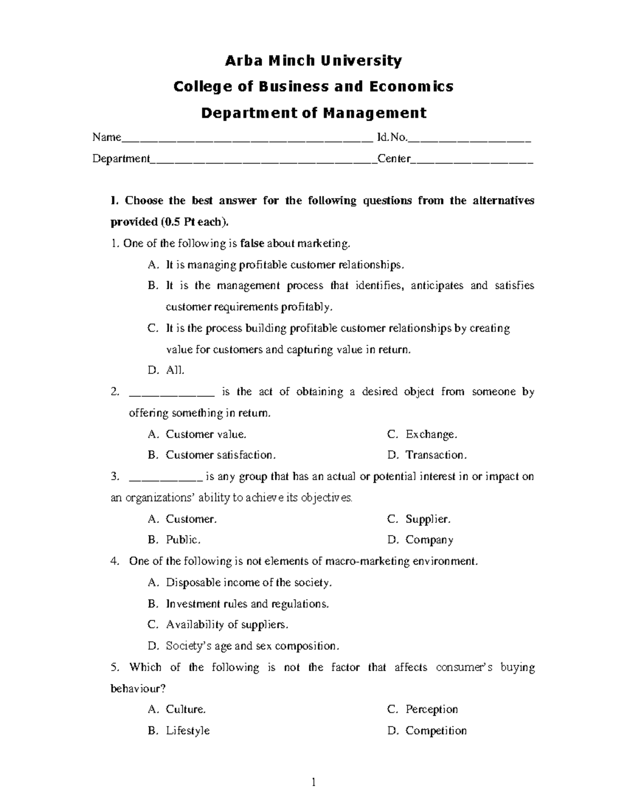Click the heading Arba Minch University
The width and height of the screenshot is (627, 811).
[313, 61]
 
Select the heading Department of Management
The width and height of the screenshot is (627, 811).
[314, 113]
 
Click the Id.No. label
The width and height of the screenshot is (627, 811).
[391, 137]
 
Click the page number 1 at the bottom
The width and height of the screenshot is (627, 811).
[313, 782]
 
